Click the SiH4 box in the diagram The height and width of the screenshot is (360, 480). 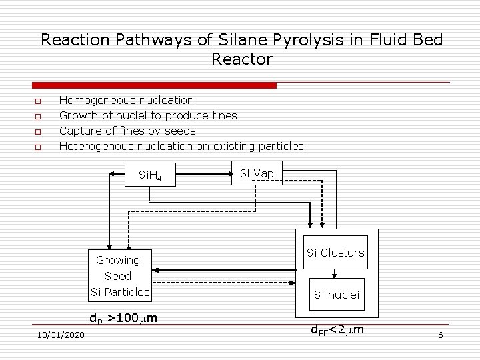[155, 177]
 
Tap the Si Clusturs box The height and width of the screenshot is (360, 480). [335, 253]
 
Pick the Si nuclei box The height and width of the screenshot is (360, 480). [336, 295]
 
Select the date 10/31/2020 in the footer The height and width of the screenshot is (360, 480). [61, 335]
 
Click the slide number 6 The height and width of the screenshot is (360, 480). [440, 335]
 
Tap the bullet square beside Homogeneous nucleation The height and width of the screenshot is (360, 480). [37, 101]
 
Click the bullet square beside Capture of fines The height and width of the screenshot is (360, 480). [37, 131]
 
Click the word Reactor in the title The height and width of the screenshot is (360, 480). [242, 59]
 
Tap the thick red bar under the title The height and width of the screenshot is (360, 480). [154, 85]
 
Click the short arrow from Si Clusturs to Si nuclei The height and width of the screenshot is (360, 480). [335, 273]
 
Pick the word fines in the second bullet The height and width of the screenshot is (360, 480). [223, 115]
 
